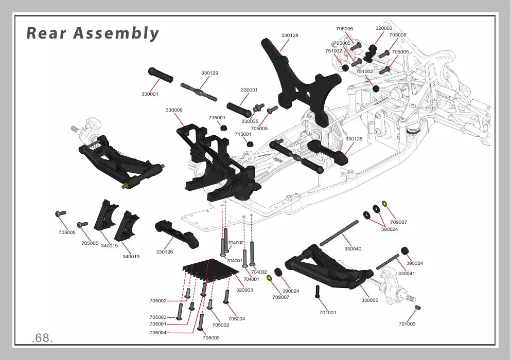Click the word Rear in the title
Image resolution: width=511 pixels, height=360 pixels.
click(46, 33)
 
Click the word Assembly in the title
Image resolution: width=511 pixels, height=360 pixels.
click(116, 34)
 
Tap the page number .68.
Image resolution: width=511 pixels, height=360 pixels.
click(42, 338)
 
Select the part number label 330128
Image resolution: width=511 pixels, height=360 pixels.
click(289, 35)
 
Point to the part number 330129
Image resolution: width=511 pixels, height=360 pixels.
click(209, 73)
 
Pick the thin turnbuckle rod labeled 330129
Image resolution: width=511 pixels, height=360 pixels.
click(199, 92)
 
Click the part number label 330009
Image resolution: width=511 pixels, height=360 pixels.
click(174, 110)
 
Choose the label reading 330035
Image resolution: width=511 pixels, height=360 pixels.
click(250, 121)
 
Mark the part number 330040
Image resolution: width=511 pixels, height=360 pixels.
click(353, 249)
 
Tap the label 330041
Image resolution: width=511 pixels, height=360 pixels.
click(407, 274)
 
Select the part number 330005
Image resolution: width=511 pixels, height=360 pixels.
click(369, 300)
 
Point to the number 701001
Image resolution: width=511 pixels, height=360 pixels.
click(327, 313)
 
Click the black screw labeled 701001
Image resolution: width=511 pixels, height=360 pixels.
click(318, 292)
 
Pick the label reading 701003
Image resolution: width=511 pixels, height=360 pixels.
click(407, 324)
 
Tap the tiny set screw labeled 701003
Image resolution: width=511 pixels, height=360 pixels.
click(417, 307)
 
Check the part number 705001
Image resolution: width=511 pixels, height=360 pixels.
click(158, 324)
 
